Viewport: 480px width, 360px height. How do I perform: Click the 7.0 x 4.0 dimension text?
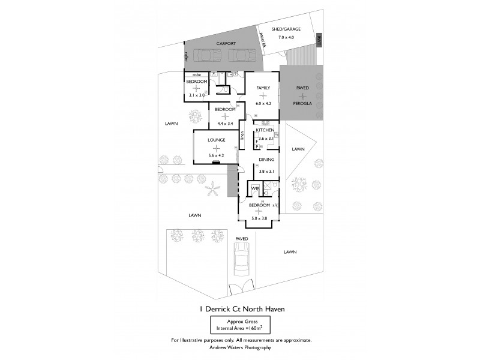click(x=286, y=37)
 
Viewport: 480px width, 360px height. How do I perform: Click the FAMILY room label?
click(x=263, y=88)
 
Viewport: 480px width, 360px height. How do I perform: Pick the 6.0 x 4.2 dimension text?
click(x=263, y=104)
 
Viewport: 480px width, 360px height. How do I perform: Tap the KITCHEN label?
click(x=265, y=130)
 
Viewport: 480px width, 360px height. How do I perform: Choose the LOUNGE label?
click(x=216, y=140)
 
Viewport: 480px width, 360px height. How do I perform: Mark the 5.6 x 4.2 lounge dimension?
click(x=216, y=155)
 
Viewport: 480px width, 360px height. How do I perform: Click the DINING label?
click(x=266, y=160)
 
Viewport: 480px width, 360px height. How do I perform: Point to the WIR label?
click(x=254, y=188)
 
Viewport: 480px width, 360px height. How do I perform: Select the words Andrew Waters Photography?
click(x=240, y=347)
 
